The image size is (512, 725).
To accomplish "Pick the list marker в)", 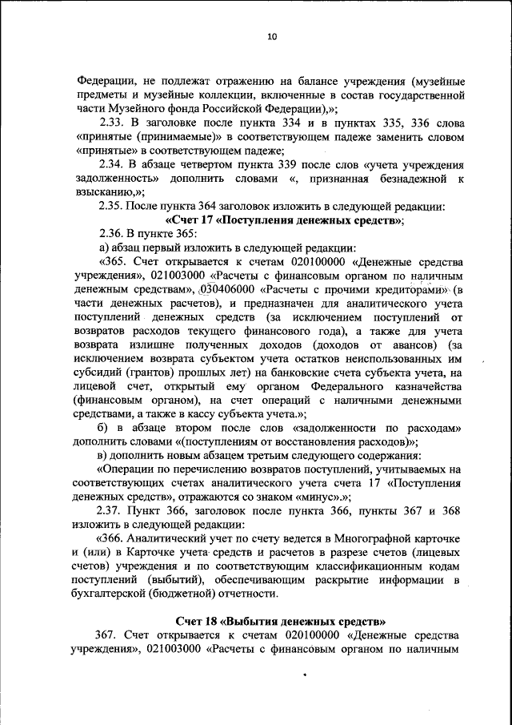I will tap(103, 454).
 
